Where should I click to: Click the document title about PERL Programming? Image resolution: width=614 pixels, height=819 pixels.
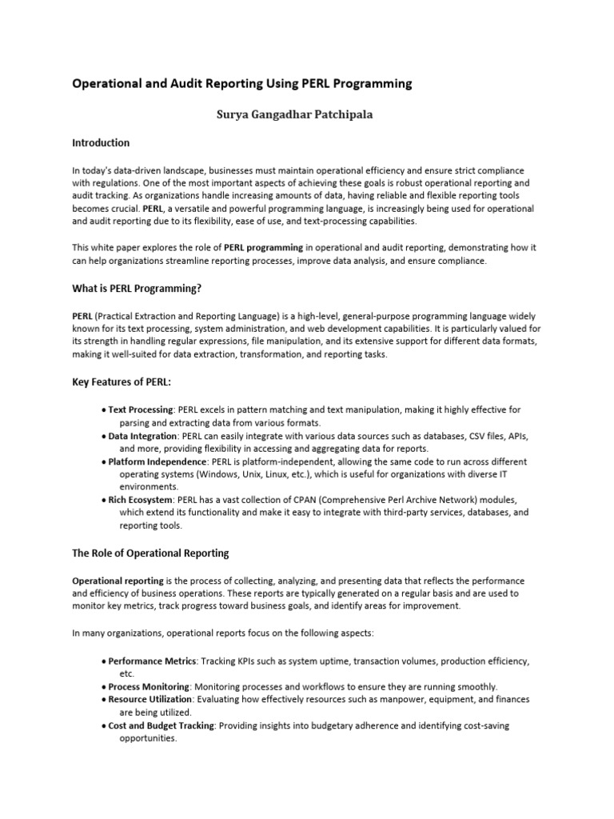242,83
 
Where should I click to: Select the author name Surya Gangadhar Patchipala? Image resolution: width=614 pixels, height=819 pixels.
296,114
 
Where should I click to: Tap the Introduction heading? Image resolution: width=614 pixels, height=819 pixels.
101,143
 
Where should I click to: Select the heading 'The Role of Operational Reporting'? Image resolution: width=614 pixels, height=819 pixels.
150,553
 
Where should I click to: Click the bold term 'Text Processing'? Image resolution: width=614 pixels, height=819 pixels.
141,409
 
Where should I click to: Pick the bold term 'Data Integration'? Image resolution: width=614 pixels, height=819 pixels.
143,436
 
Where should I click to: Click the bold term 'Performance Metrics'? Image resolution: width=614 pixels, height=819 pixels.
152,661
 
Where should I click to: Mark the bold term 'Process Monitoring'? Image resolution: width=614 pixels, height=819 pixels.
149,687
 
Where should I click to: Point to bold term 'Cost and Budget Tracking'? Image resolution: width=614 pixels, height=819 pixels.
161,725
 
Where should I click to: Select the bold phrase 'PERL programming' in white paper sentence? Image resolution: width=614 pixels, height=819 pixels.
263,248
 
